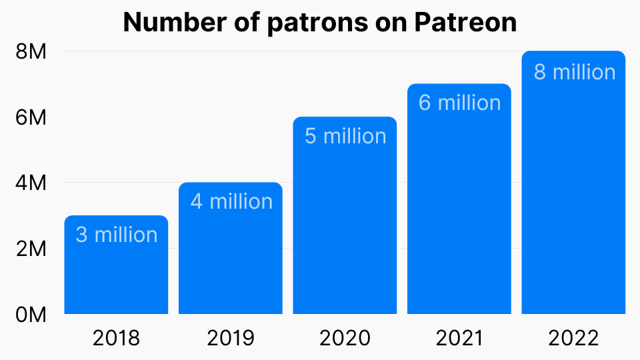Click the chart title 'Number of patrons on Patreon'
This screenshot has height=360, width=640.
point(320,23)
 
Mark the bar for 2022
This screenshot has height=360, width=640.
point(573,200)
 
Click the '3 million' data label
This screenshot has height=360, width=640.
point(117,235)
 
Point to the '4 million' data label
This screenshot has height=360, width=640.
point(231,201)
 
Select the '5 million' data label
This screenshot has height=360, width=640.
point(345,136)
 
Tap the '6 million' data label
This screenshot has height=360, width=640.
point(459,103)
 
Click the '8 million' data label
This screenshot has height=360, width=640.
point(574,71)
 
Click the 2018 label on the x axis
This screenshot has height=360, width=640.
point(116,338)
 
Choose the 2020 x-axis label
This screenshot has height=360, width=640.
point(345,338)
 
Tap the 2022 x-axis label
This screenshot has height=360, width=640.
point(573,338)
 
